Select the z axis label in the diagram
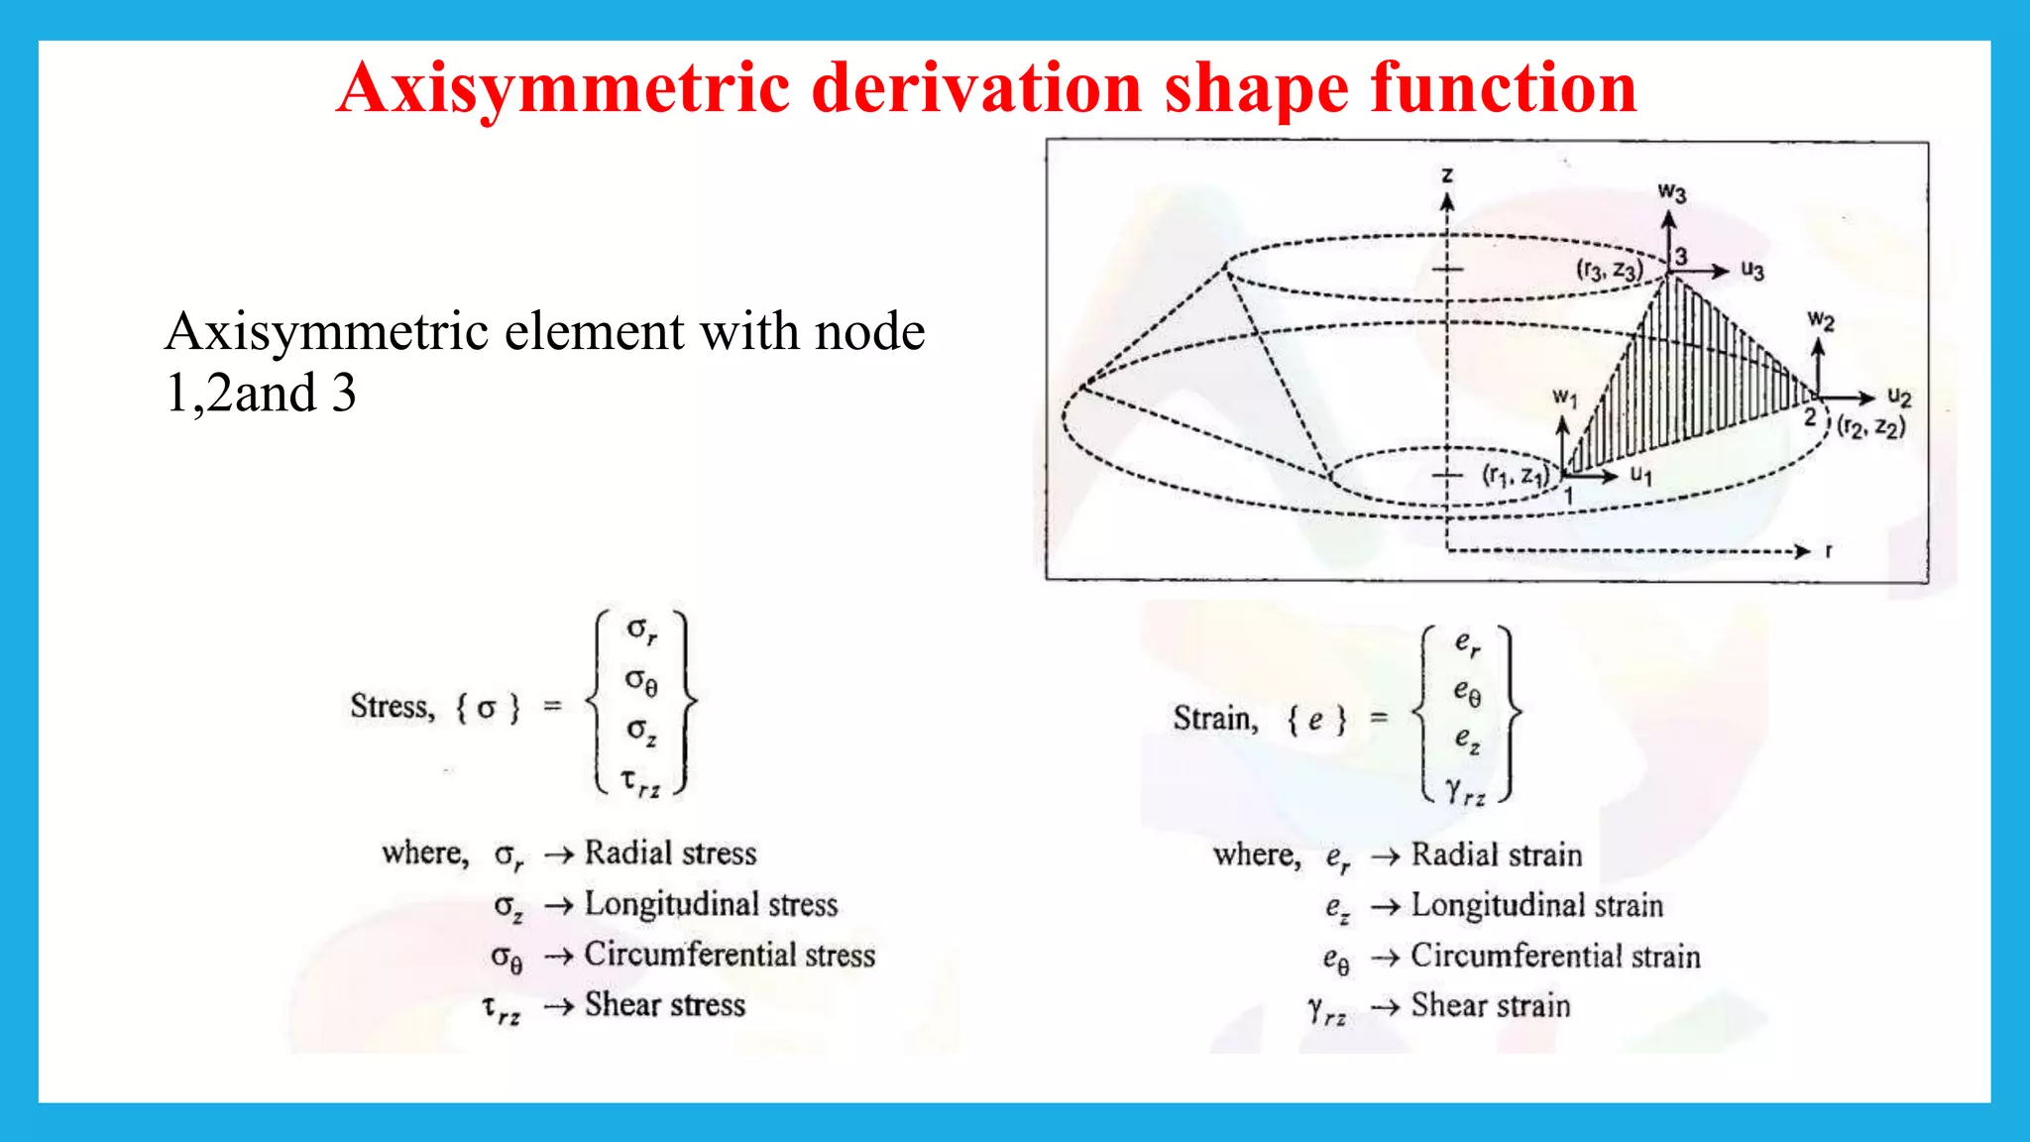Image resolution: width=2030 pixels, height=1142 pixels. click(x=1447, y=175)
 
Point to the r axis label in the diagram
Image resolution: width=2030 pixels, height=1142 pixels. click(x=1829, y=551)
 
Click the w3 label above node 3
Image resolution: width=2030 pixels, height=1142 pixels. click(x=1671, y=192)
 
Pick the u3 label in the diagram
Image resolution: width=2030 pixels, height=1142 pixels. click(x=1752, y=271)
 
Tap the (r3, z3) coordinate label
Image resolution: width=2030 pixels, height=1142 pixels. click(x=1610, y=270)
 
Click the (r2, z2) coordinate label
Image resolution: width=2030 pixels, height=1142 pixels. click(x=1871, y=427)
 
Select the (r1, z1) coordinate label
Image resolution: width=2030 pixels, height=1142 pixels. click(x=1516, y=476)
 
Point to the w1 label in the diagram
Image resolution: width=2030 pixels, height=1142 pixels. click(x=1564, y=399)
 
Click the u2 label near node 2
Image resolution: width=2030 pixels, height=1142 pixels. click(x=1899, y=398)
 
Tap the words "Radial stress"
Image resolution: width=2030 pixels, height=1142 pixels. click(x=670, y=854)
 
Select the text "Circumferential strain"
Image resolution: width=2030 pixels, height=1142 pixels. click(x=1555, y=956)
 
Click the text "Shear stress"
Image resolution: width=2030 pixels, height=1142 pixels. click(x=664, y=1005)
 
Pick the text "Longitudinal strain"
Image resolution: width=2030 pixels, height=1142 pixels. click(x=1536, y=905)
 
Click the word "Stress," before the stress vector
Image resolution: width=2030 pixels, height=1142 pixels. click(x=393, y=707)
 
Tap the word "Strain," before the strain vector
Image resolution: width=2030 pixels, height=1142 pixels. click(x=1215, y=718)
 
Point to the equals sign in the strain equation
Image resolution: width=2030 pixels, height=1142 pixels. click(x=1379, y=717)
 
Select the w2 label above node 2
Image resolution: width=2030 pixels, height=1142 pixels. click(x=1821, y=321)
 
